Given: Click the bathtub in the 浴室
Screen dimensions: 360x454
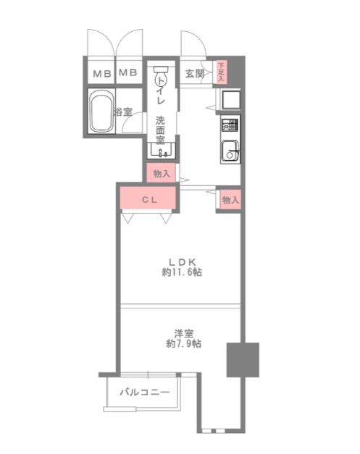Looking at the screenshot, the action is pos(101,112).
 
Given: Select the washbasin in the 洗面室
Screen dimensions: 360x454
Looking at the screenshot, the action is pos(161,150).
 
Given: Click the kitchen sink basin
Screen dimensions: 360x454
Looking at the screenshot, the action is pos(230,151).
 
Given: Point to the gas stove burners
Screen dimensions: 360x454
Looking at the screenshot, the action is pos(230,125).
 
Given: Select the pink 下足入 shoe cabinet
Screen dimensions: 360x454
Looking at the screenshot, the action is pos(221,72).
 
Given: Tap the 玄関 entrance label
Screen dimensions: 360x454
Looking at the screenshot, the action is pos(195,74).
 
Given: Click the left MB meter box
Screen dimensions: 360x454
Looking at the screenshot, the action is pos(102,74).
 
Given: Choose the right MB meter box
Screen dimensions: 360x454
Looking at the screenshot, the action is pos(128,72).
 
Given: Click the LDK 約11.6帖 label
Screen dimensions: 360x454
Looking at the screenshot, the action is pos(182,267).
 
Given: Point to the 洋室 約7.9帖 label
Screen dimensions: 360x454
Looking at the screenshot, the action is pos(183,339).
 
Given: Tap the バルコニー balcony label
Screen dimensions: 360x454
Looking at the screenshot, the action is pos(145,392).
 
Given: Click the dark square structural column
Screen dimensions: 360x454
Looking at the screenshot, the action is pos(243,360).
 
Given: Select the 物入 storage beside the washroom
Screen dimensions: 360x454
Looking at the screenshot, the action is pos(162,174).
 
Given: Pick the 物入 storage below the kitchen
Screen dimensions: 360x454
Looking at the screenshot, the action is pos(230,200).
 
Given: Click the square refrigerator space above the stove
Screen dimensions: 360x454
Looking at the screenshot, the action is pos(231,100).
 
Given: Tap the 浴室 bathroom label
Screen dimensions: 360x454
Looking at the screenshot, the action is pos(123,112).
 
